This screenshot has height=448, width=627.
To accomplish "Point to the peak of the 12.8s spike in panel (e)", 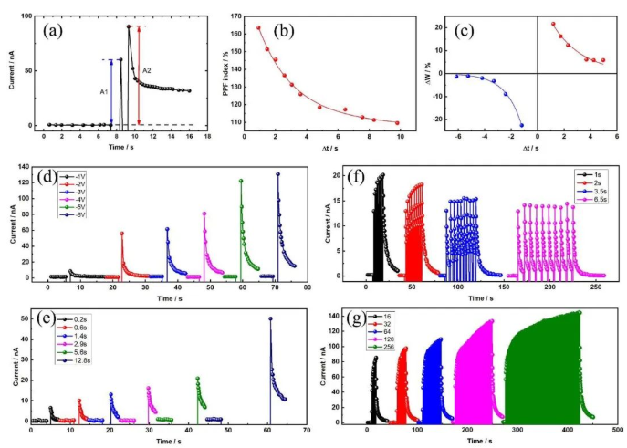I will (270, 318).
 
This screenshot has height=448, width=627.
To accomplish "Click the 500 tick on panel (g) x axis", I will (618, 432).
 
